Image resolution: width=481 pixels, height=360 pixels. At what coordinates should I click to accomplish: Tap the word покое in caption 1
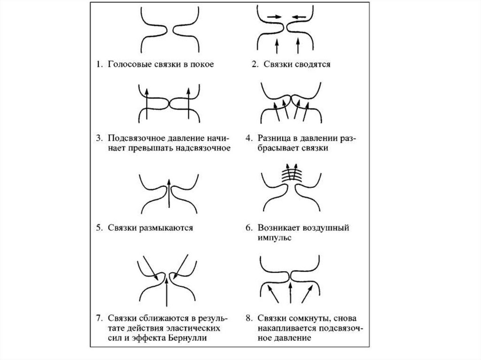(202, 64)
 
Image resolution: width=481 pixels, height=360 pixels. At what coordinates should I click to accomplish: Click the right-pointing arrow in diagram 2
(274, 17)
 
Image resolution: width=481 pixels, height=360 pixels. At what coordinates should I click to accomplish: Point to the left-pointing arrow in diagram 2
(299, 17)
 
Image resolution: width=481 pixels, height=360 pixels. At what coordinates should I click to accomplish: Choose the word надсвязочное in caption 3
(203, 148)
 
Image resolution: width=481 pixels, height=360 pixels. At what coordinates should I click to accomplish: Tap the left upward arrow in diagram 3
(147, 104)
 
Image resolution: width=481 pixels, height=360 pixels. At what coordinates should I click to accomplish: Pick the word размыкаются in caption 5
(166, 228)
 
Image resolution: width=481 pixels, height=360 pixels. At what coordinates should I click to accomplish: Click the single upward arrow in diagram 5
(169, 193)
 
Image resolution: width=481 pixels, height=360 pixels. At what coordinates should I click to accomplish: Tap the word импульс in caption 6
(274, 238)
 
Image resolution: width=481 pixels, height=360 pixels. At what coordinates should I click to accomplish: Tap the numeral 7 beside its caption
(99, 318)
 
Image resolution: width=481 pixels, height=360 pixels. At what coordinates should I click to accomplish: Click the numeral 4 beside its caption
(248, 138)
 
